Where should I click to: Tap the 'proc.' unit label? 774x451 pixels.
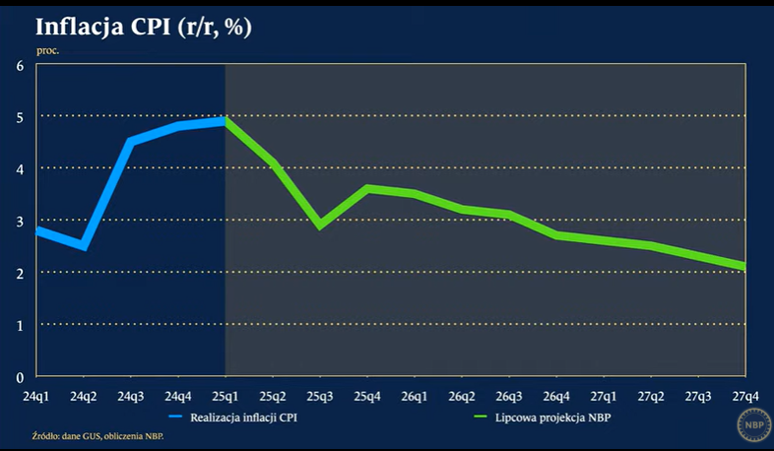tap(48, 50)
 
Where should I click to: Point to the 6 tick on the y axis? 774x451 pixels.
tap(20, 66)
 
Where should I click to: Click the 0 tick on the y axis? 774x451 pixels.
tap(20, 377)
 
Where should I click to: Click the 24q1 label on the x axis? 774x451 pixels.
tap(36, 396)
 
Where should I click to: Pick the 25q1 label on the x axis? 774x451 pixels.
tap(226, 396)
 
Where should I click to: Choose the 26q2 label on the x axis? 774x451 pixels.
tap(462, 396)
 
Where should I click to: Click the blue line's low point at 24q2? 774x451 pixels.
tap(84, 246)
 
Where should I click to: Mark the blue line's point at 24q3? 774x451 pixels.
tap(131, 142)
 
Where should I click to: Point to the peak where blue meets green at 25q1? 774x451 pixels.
tap(226, 120)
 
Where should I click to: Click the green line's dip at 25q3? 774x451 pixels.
tap(320, 225)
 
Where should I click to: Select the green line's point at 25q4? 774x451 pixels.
tap(367, 188)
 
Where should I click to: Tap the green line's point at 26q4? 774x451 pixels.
tap(556, 235)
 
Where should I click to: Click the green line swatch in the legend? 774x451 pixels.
tap(483, 418)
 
